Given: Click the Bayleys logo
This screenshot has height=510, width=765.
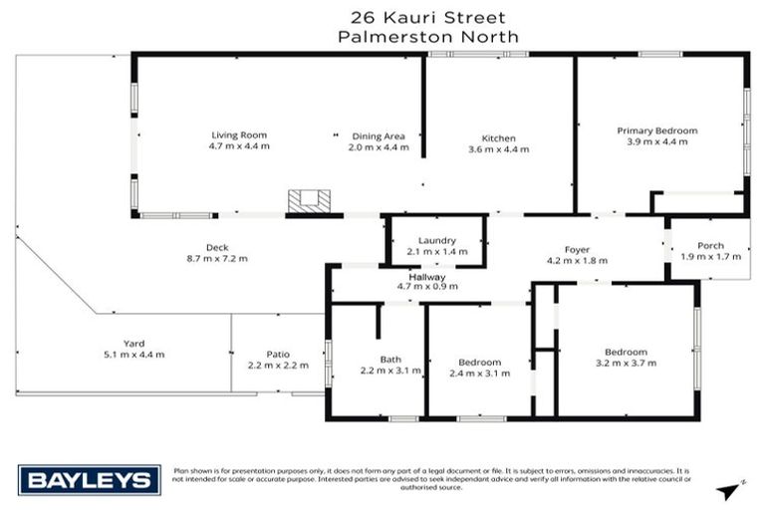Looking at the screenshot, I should click(90, 480).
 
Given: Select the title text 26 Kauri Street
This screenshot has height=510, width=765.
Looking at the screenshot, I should click(428, 17).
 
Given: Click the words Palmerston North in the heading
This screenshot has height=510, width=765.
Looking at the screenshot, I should click(428, 36).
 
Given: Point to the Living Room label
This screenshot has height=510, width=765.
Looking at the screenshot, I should click(239, 134).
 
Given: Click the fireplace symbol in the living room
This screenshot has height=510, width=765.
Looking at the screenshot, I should click(308, 200).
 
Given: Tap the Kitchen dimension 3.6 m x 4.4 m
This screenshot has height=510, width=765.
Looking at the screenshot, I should click(498, 148).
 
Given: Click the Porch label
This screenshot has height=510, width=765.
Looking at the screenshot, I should click(710, 246).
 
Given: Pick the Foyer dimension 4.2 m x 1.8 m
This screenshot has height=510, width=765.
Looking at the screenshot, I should click(577, 260).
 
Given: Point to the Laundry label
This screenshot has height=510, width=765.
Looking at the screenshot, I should click(436, 241).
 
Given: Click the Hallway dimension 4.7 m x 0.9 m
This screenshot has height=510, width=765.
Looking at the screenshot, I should click(427, 287).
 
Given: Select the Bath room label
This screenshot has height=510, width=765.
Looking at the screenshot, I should click(389, 360).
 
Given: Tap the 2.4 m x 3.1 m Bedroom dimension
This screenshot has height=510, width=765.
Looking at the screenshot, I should click(480, 374).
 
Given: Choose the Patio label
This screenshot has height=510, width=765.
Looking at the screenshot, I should click(277, 353).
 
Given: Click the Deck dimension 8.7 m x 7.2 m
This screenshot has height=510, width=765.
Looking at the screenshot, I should click(217, 260).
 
